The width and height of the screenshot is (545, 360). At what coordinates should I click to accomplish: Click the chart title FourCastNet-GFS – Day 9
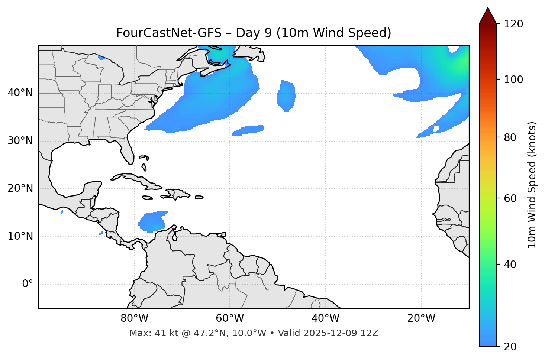(254, 33)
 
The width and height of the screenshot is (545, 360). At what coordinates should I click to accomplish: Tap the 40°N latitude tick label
(20, 93)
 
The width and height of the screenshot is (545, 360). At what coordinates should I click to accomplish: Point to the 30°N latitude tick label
(20, 141)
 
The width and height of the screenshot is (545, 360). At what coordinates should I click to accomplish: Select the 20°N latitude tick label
(20, 188)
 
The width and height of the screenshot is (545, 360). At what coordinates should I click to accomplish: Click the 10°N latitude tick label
(20, 236)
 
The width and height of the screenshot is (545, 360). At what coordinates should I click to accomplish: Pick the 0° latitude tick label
(28, 284)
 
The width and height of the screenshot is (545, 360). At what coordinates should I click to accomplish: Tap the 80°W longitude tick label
(134, 318)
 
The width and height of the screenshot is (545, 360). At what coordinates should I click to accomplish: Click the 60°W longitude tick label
(230, 318)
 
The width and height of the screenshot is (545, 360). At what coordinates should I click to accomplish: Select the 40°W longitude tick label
(325, 318)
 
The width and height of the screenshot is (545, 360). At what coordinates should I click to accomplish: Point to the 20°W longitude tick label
(421, 318)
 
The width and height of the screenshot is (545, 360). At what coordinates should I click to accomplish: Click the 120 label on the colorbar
(513, 24)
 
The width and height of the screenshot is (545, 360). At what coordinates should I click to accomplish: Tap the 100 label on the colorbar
(513, 80)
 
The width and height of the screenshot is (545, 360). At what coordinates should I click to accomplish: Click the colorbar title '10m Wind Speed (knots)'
(532, 185)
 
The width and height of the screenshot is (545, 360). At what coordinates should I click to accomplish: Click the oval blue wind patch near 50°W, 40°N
(286, 96)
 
